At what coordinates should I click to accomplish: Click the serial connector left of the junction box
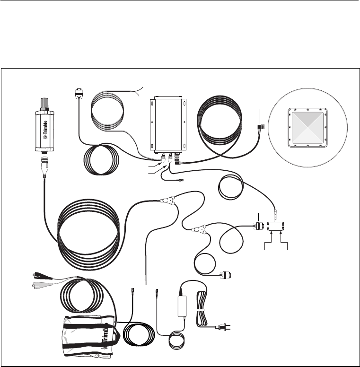258,226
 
